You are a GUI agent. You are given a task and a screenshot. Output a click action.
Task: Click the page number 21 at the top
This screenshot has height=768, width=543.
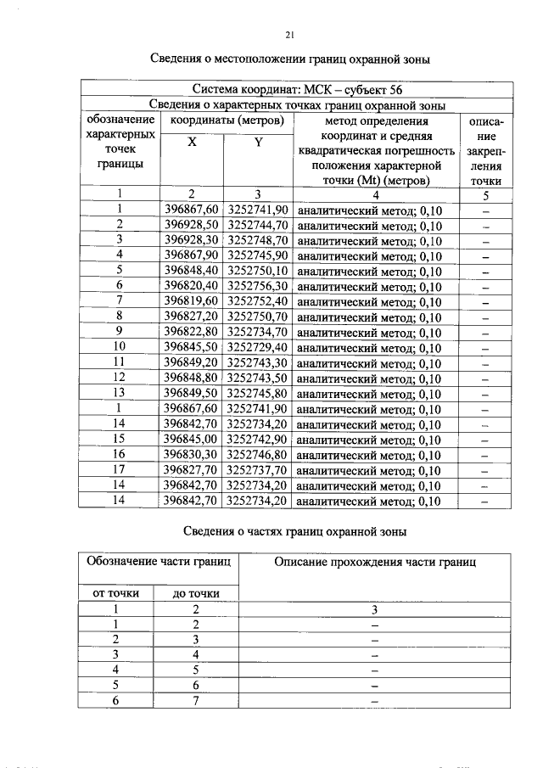point(289,35)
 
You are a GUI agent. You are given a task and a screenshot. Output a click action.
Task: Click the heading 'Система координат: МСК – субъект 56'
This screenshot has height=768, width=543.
point(296,89)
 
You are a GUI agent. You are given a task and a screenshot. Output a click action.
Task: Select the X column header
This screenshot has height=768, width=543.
point(191,143)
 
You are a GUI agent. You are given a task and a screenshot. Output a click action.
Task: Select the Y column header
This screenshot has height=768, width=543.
point(257,143)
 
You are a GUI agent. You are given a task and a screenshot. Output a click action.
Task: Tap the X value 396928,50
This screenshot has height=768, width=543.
point(191,225)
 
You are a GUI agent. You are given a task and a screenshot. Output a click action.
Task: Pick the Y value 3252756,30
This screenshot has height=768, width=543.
point(258,286)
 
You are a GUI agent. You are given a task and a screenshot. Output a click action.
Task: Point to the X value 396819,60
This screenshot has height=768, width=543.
point(191,301)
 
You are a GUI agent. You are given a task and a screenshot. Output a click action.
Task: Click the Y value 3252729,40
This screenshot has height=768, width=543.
point(258,347)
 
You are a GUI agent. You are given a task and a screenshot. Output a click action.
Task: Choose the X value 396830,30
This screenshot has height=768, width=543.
point(191,455)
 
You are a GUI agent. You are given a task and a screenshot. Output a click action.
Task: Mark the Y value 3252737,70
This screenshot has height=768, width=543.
point(258,470)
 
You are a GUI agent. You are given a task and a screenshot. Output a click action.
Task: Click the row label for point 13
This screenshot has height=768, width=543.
point(120,394)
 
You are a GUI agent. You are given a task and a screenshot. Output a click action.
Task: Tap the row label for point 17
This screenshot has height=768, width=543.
point(120,470)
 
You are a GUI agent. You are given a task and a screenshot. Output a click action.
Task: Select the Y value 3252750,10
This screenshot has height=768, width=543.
point(258,271)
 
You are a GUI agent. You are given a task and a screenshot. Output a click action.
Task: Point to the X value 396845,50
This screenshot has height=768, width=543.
point(191,347)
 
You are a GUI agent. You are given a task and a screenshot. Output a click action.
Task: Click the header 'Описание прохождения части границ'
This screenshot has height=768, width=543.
point(374,562)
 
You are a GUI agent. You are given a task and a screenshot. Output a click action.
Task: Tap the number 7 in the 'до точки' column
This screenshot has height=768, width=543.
point(196,701)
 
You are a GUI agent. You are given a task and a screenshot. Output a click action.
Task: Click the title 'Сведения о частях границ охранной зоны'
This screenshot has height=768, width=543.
point(295,531)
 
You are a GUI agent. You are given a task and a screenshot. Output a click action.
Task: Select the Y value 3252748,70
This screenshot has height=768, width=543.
point(258,240)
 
